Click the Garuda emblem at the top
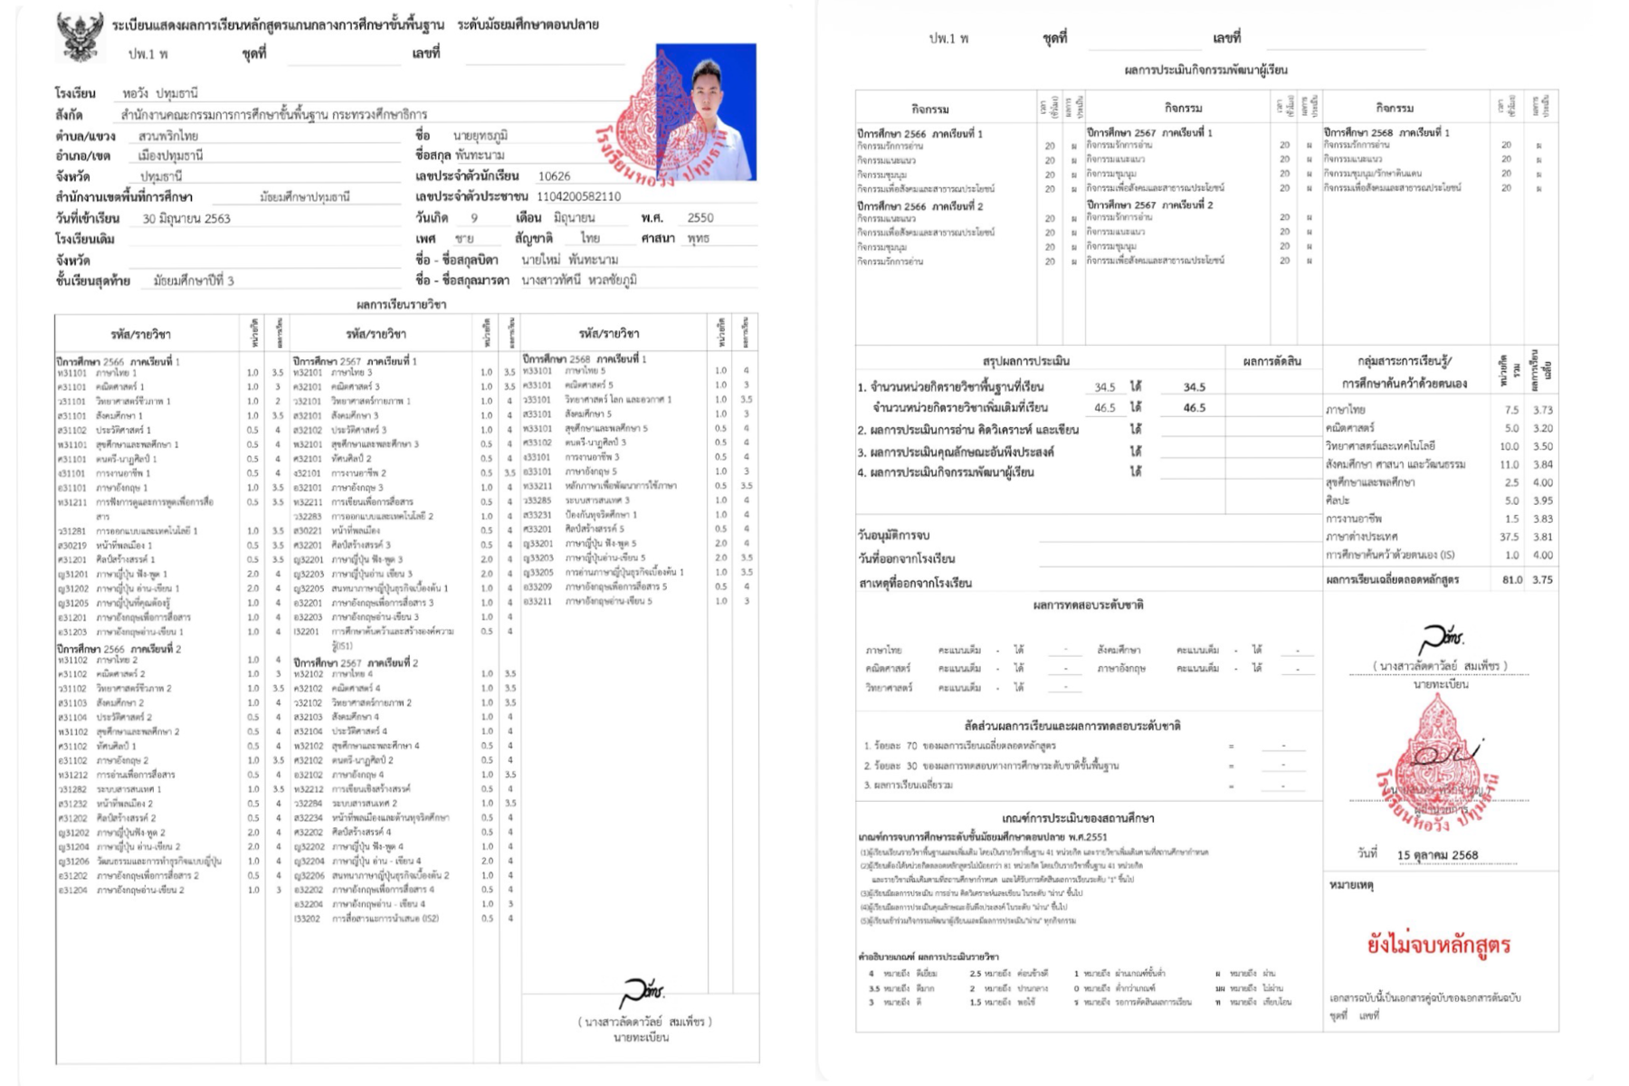click(x=79, y=37)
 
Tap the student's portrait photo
click(x=706, y=110)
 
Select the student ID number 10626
click(x=554, y=176)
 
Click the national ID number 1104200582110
click(x=578, y=196)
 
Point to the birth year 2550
click(x=700, y=218)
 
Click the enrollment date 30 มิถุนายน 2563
click(x=186, y=219)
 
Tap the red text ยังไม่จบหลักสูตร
click(x=1438, y=946)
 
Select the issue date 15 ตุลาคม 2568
click(x=1437, y=855)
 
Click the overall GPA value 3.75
click(x=1542, y=580)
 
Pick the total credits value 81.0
click(x=1511, y=580)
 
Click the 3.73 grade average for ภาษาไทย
click(x=1542, y=410)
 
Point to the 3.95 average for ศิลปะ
click(x=1542, y=500)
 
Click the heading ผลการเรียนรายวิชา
click(x=401, y=305)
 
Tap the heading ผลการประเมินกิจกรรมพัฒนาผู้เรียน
click(x=1205, y=70)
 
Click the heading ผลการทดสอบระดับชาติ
click(x=1088, y=605)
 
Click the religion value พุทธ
click(x=698, y=239)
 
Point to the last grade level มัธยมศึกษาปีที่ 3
click(x=193, y=281)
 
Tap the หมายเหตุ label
click(x=1351, y=885)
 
